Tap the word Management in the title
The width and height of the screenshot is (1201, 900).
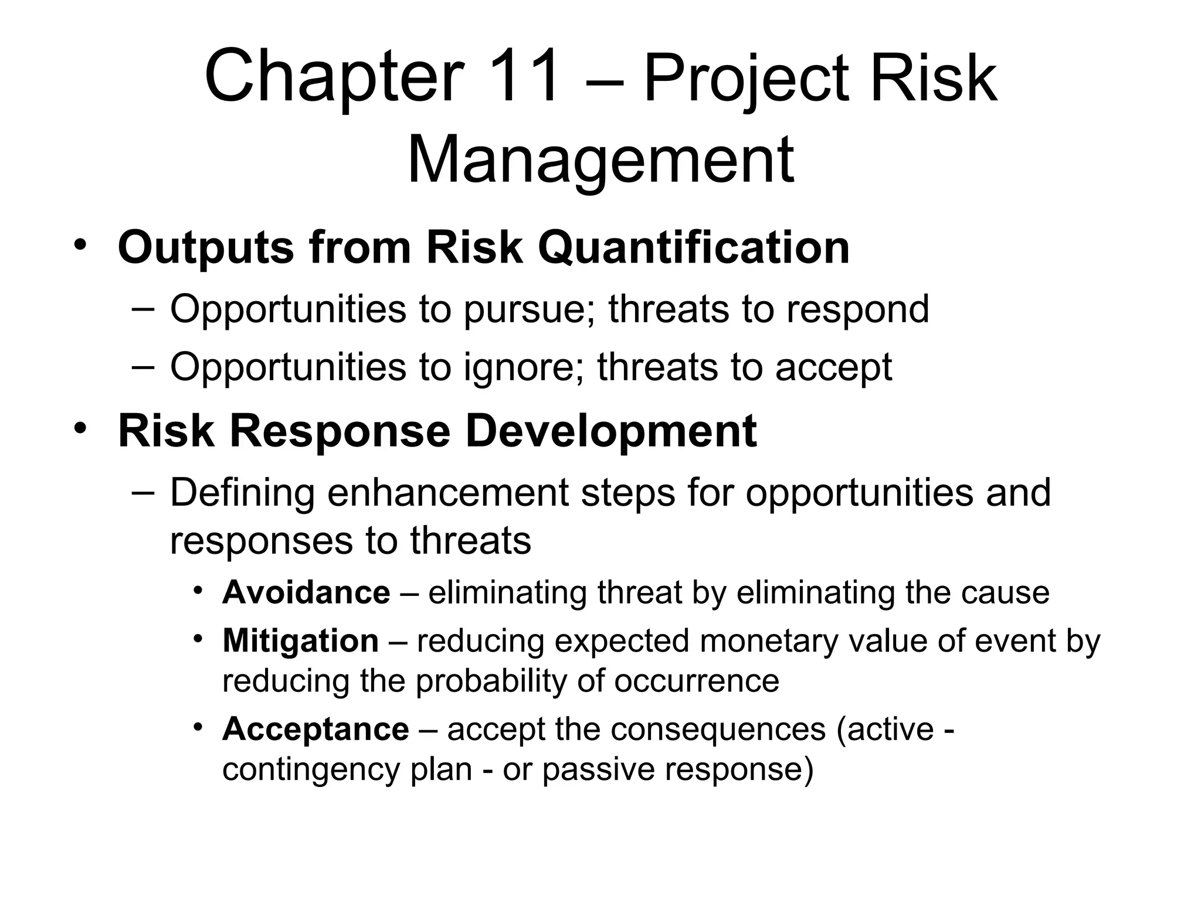(x=600, y=160)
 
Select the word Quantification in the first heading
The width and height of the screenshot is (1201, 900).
(x=694, y=247)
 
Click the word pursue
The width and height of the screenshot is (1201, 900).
(x=530, y=311)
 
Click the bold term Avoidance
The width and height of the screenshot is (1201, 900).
(x=306, y=592)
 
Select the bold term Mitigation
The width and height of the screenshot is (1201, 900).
(x=300, y=640)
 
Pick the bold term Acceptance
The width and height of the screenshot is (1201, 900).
(x=315, y=729)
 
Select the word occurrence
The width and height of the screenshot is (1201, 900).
(x=697, y=681)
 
